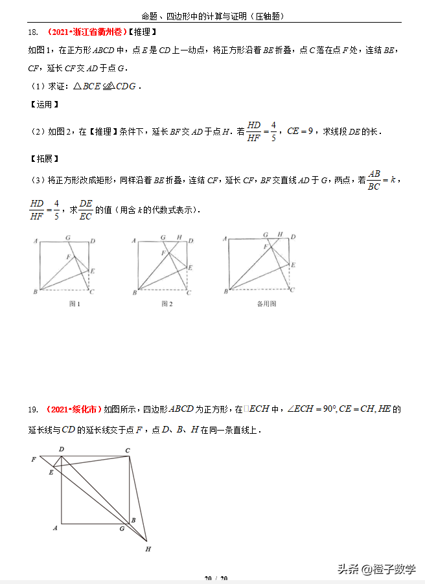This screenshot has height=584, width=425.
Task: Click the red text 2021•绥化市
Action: point(74,409)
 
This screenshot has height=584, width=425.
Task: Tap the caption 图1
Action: point(75,303)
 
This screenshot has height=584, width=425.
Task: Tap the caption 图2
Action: point(167,303)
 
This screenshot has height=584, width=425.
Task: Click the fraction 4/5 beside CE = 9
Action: point(273,131)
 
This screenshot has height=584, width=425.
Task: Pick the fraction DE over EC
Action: point(86,210)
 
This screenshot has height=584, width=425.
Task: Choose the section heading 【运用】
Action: point(44,104)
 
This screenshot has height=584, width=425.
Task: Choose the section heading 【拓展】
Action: point(44,158)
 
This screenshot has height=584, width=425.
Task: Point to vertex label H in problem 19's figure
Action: point(148,549)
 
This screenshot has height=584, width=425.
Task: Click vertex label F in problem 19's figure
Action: point(33,459)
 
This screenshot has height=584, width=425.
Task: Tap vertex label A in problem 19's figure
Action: point(56,528)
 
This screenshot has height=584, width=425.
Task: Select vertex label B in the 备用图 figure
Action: point(225,292)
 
